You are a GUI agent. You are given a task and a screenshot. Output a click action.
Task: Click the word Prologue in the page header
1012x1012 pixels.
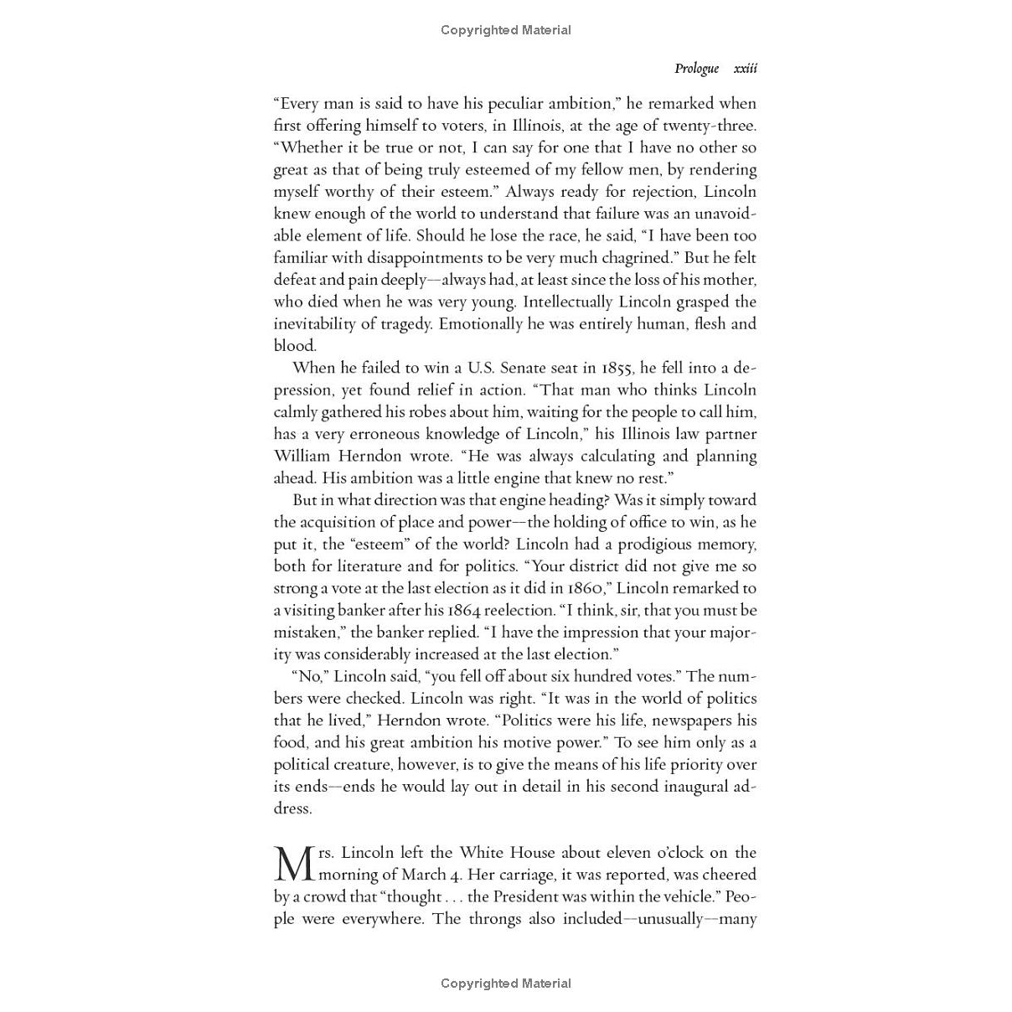tap(696, 69)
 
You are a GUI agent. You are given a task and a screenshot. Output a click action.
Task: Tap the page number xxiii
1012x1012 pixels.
tap(745, 69)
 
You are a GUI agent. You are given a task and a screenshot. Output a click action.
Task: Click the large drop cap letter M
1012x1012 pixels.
tap(294, 864)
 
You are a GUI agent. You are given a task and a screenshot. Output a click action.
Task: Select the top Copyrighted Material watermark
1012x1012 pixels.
tap(505, 30)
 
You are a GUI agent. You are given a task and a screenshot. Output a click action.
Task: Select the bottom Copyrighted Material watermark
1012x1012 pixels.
tap(505, 984)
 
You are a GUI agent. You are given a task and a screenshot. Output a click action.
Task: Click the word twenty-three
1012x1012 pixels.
tap(709, 126)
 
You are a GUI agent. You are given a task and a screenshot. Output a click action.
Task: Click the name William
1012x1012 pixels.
tap(302, 456)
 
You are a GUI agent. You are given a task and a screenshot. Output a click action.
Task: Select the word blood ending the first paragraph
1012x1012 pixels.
tap(293, 345)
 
